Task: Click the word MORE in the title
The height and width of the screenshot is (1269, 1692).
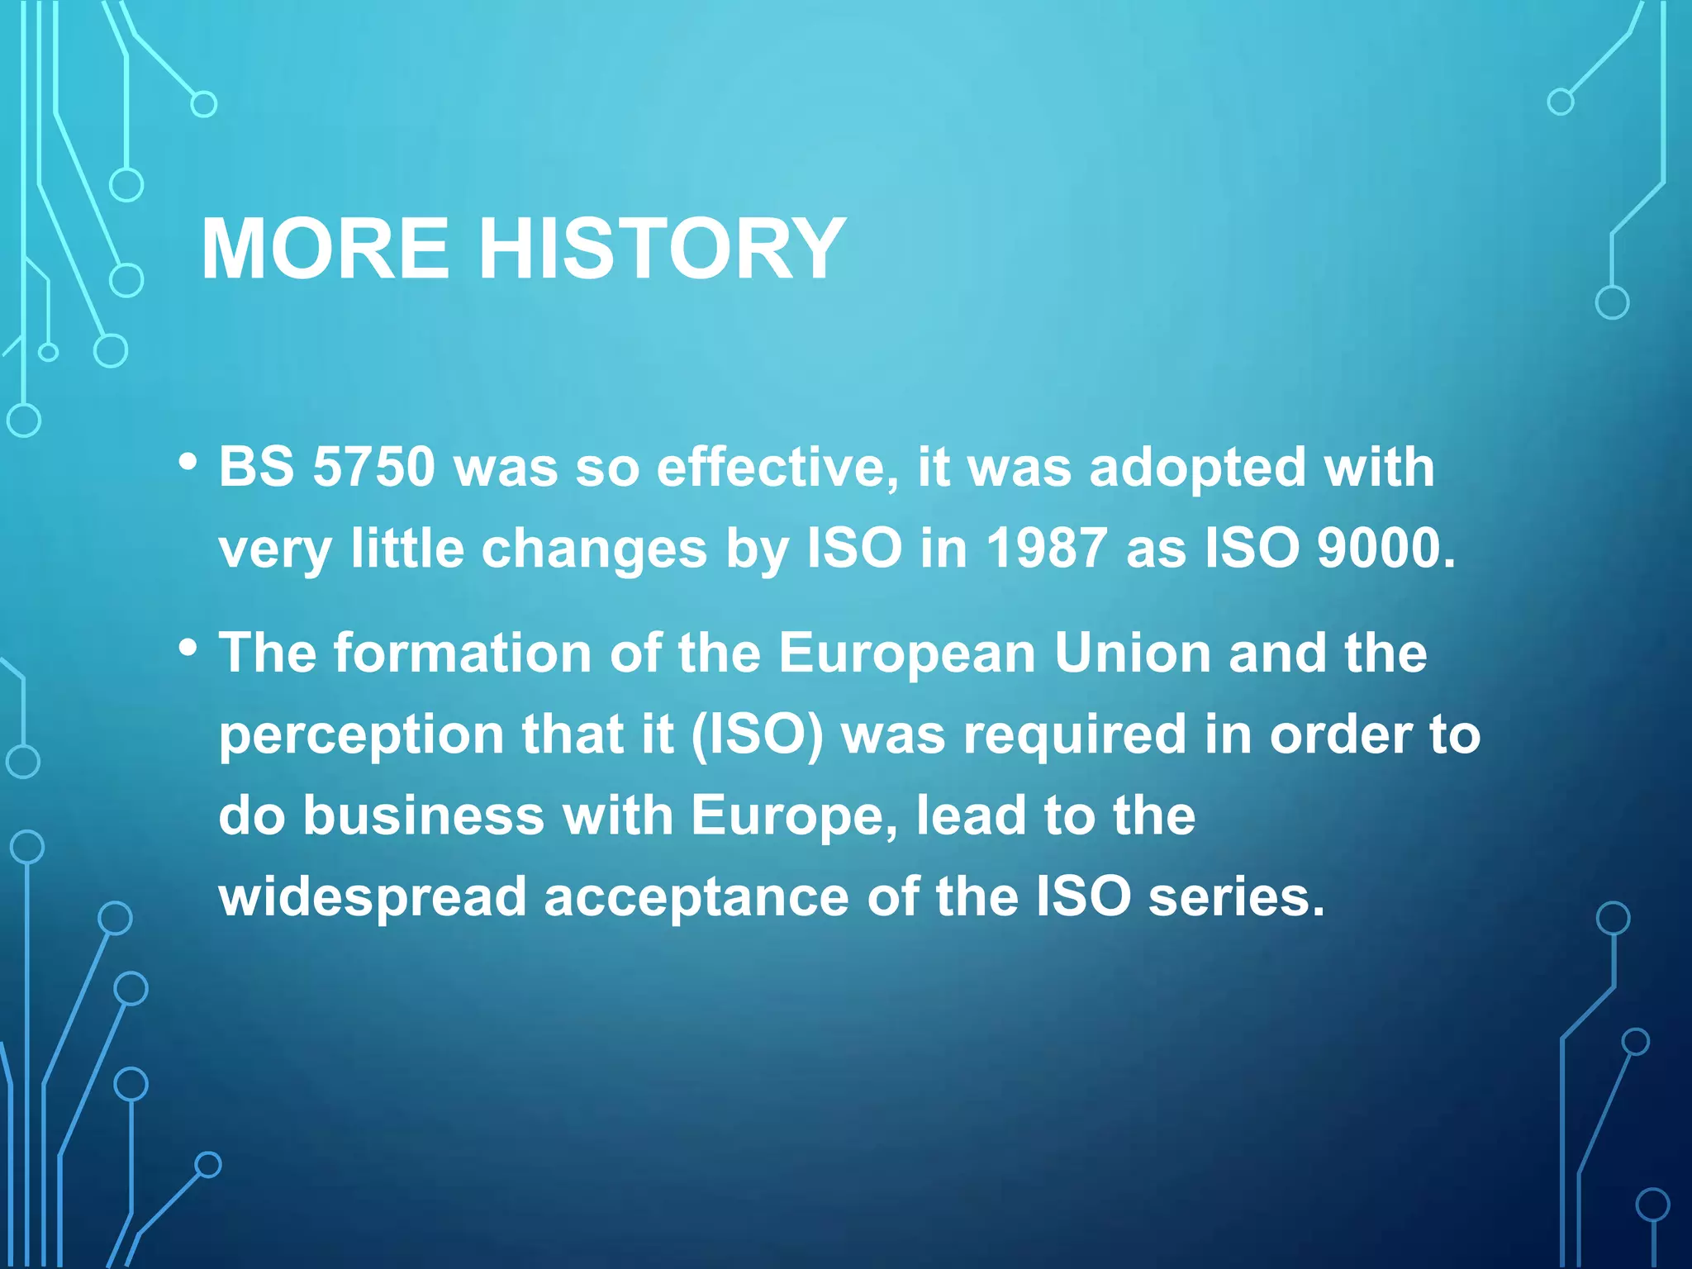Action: point(325,249)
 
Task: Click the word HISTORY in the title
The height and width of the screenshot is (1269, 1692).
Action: point(662,249)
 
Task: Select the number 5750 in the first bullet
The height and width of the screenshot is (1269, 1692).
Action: point(373,467)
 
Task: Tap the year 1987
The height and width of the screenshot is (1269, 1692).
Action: point(1046,548)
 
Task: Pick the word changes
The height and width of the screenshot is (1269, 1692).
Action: point(594,549)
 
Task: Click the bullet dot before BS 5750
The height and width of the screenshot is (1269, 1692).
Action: point(188,462)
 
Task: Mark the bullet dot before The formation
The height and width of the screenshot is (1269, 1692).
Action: point(188,648)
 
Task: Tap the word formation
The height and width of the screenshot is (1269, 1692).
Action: point(463,653)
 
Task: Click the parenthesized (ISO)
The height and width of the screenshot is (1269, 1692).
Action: point(757,735)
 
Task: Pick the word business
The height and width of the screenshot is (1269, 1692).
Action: point(423,815)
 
